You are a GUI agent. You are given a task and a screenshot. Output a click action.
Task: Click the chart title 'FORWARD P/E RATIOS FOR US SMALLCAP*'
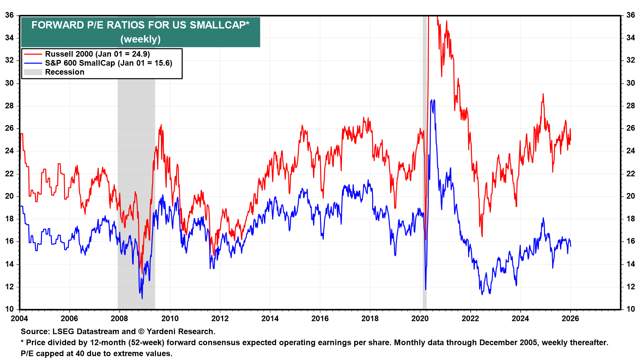(x=140, y=25)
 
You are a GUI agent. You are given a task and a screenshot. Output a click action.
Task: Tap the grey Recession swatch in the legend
(x=33, y=72)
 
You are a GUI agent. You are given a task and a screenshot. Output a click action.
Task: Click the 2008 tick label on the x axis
(x=119, y=318)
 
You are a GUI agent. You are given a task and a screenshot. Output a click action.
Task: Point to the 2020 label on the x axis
(x=420, y=318)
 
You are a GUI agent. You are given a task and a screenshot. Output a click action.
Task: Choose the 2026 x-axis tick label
(x=570, y=318)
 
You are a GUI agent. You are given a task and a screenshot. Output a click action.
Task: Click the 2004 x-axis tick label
(x=19, y=318)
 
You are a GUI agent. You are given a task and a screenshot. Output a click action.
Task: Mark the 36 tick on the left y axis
(x=9, y=15)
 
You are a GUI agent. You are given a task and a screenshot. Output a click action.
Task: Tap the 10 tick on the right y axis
(x=631, y=309)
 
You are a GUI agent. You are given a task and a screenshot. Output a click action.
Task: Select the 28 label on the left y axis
(x=9, y=106)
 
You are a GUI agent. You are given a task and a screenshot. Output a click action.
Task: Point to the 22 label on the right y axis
(x=631, y=174)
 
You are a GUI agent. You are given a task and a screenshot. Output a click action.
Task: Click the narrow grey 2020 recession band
(x=425, y=167)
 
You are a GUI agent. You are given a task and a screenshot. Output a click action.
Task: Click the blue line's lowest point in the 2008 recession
(x=142, y=298)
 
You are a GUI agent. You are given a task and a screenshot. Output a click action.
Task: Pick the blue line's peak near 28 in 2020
(x=432, y=100)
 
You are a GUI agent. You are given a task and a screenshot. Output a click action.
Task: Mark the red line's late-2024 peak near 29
(x=543, y=94)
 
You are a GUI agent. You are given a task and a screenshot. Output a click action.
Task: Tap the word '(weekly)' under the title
(x=140, y=39)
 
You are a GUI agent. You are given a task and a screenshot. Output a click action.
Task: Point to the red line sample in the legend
(x=33, y=54)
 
